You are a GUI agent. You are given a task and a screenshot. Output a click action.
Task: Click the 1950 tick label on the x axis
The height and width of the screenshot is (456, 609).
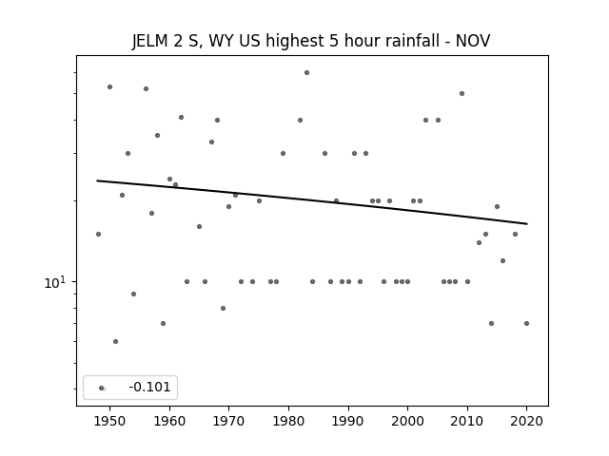click(x=110, y=421)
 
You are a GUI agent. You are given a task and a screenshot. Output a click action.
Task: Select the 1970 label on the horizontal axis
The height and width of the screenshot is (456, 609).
click(x=228, y=421)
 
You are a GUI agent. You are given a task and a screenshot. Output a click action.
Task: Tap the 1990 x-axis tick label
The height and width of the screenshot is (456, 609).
click(x=348, y=421)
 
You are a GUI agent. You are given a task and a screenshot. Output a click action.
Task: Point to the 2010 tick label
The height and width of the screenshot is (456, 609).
click(x=467, y=421)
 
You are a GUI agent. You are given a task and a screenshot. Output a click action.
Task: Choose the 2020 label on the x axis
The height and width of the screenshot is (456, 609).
click(x=526, y=421)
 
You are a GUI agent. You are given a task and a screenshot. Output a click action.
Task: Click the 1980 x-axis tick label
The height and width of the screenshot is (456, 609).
click(x=288, y=421)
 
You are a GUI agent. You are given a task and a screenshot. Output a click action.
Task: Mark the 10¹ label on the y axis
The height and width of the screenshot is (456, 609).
click(x=54, y=283)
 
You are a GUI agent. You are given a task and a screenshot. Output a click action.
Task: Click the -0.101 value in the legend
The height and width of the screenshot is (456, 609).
click(x=149, y=387)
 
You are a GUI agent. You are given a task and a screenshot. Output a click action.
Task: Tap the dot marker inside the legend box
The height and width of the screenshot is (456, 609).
click(x=102, y=388)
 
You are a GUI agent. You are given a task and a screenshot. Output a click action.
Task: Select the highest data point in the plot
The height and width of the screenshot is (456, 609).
click(x=306, y=72)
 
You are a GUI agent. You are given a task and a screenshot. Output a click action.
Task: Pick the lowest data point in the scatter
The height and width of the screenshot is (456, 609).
click(x=115, y=342)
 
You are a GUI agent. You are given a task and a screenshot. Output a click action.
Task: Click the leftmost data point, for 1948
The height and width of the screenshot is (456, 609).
click(x=98, y=235)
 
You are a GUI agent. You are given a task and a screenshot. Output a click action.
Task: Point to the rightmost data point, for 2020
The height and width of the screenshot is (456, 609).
click(x=526, y=323)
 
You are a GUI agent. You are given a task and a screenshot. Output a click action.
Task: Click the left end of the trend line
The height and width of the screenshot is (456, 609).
click(x=97, y=180)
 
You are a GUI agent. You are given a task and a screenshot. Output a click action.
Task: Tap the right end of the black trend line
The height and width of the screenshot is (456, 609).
click(x=527, y=224)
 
